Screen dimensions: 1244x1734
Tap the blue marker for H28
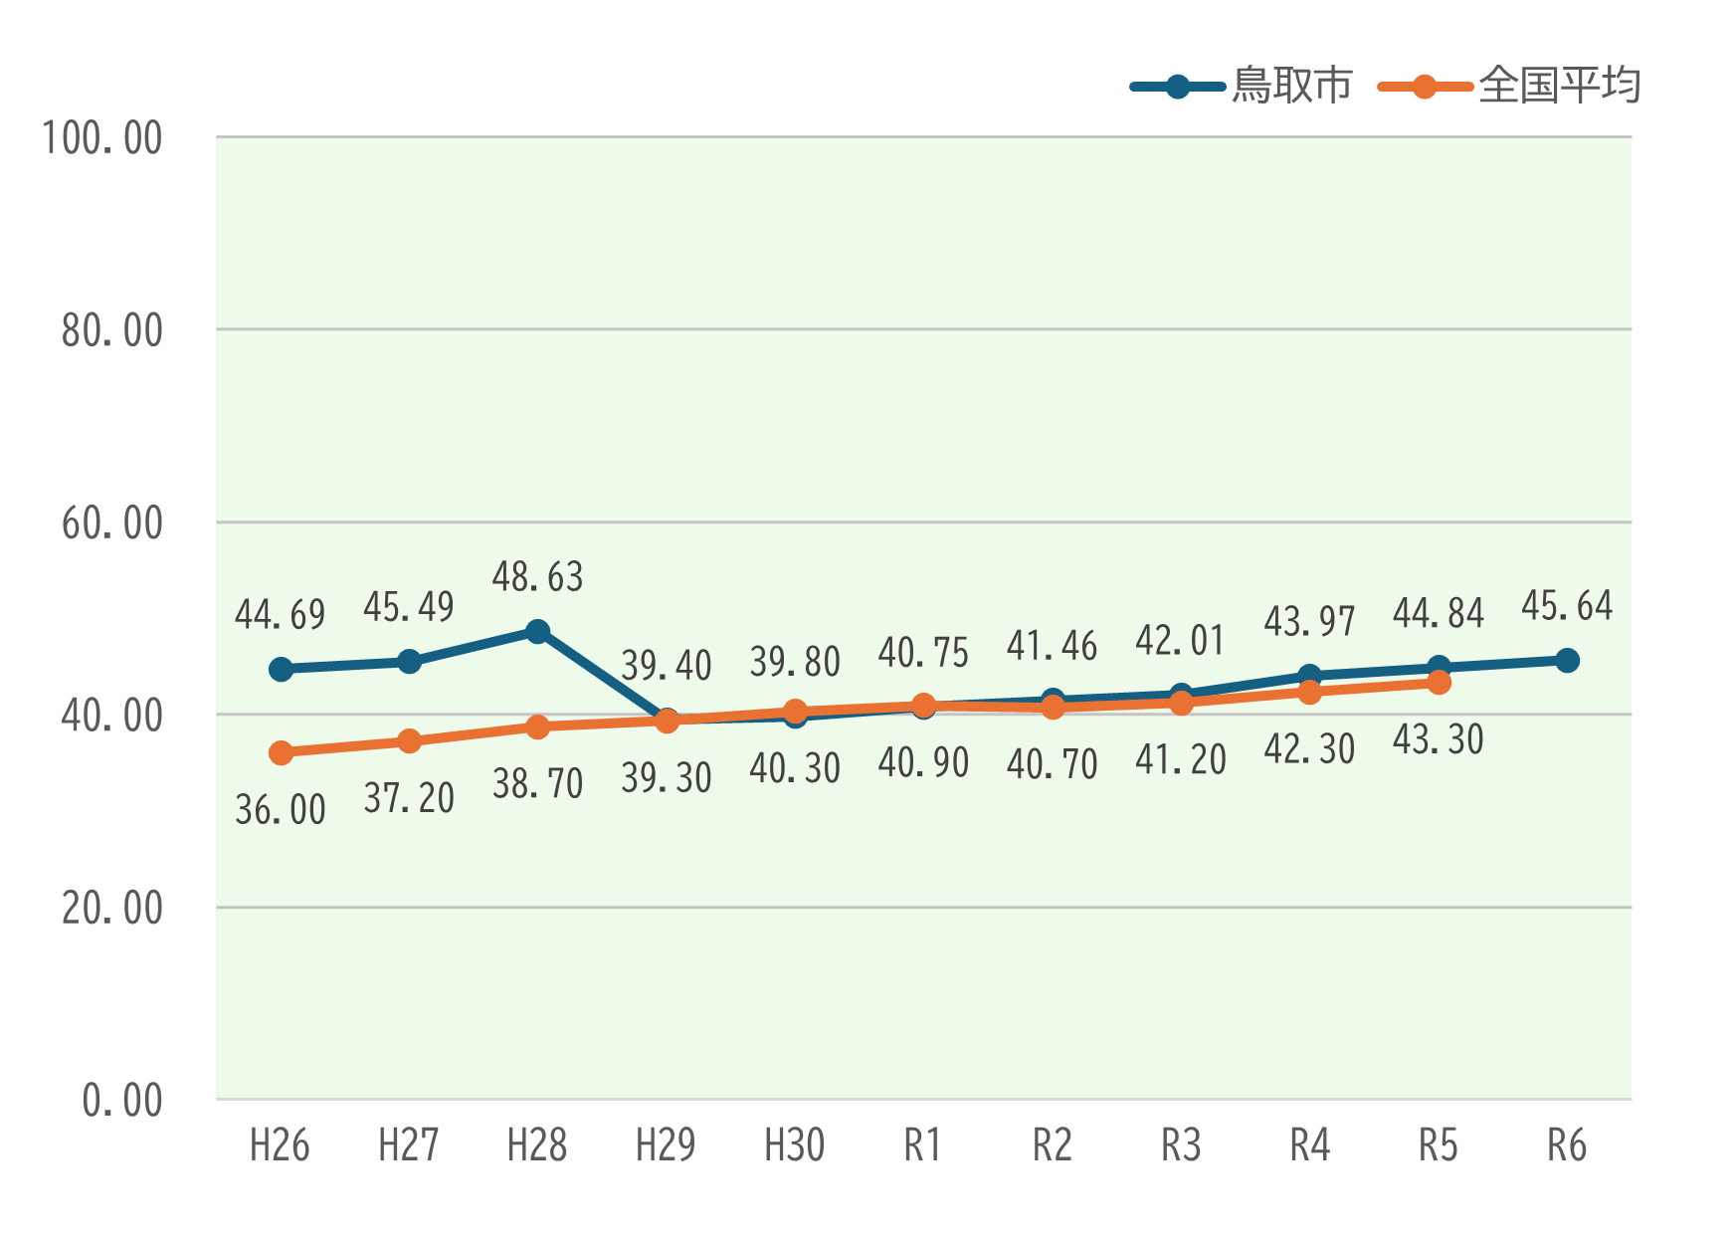pos(537,632)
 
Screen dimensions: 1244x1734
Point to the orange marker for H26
pos(281,753)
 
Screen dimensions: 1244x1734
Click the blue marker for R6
pos(1567,660)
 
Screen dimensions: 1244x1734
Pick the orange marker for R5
pos(1439,683)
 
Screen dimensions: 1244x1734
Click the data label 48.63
pos(537,577)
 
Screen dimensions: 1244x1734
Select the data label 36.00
pos(281,810)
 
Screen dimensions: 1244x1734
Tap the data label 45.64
pos(1567,606)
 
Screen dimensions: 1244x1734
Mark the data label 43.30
pos(1439,739)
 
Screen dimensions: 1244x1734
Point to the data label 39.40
pos(667,665)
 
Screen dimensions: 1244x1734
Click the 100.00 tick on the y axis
pos(102,138)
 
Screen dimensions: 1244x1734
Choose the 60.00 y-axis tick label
pos(111,523)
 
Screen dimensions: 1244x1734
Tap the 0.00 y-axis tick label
pos(121,1101)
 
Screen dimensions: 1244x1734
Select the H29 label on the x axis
pos(666,1145)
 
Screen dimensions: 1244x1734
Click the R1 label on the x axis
pos(922,1145)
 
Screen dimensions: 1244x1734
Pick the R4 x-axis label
pos(1309,1145)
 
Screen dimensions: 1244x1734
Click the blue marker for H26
pos(281,669)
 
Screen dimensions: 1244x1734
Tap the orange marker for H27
pos(409,741)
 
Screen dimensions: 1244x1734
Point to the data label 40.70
pos(1053,764)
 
